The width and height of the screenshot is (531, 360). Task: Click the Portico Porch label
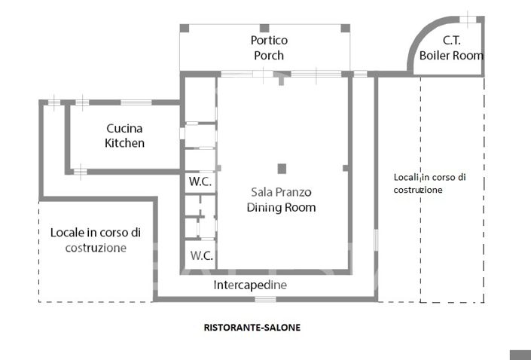click(x=269, y=47)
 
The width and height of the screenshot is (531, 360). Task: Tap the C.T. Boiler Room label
click(x=451, y=48)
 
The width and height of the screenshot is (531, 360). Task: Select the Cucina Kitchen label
click(x=124, y=136)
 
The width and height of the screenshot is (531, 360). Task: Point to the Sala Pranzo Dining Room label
click(x=281, y=200)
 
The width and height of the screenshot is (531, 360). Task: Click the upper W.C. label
click(x=200, y=182)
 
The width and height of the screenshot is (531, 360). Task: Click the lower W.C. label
click(x=200, y=255)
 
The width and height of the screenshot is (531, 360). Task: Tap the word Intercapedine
click(x=250, y=285)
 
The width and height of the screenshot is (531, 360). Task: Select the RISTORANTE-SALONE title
click(x=252, y=328)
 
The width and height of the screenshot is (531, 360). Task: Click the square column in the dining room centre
click(x=282, y=168)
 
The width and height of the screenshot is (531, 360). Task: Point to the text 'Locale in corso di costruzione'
click(x=96, y=239)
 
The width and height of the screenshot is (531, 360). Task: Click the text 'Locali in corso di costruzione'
click(x=429, y=184)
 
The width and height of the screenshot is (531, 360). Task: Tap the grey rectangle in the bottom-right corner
click(x=520, y=355)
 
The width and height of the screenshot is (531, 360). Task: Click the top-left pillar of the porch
click(x=185, y=28)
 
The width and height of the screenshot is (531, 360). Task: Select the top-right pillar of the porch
click(x=345, y=28)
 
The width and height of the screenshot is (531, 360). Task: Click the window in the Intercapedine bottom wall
click(x=265, y=299)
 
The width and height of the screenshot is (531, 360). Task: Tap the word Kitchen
click(x=124, y=143)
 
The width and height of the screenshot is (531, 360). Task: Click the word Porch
click(x=269, y=54)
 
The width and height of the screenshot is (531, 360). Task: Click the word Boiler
click(x=435, y=56)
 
